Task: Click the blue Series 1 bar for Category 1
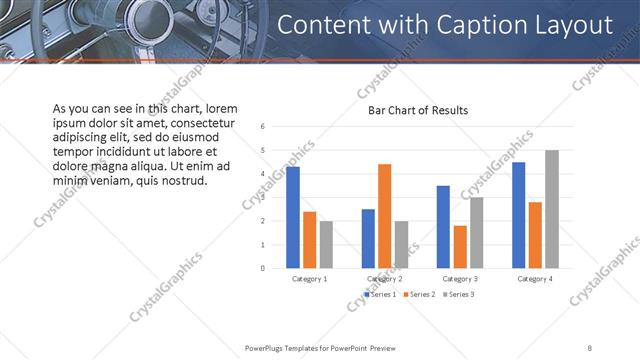pyautogui.click(x=293, y=217)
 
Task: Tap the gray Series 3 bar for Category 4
pyautogui.click(x=551, y=209)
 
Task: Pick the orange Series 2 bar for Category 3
pyautogui.click(x=460, y=247)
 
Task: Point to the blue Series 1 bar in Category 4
pyautogui.click(x=519, y=215)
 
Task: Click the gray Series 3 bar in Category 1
pyautogui.click(x=326, y=244)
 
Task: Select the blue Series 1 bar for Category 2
pyautogui.click(x=369, y=238)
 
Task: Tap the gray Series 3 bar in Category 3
pyautogui.click(x=476, y=232)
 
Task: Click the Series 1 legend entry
pyautogui.click(x=381, y=295)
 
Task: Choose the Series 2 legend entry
pyautogui.click(x=420, y=295)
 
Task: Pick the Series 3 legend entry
pyautogui.click(x=459, y=295)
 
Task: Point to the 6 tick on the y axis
pyautogui.click(x=262, y=126)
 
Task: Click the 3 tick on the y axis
pyautogui.click(x=262, y=197)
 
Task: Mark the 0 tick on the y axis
pyautogui.click(x=262, y=268)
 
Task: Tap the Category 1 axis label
pyautogui.click(x=309, y=278)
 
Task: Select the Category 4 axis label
pyautogui.click(x=535, y=278)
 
